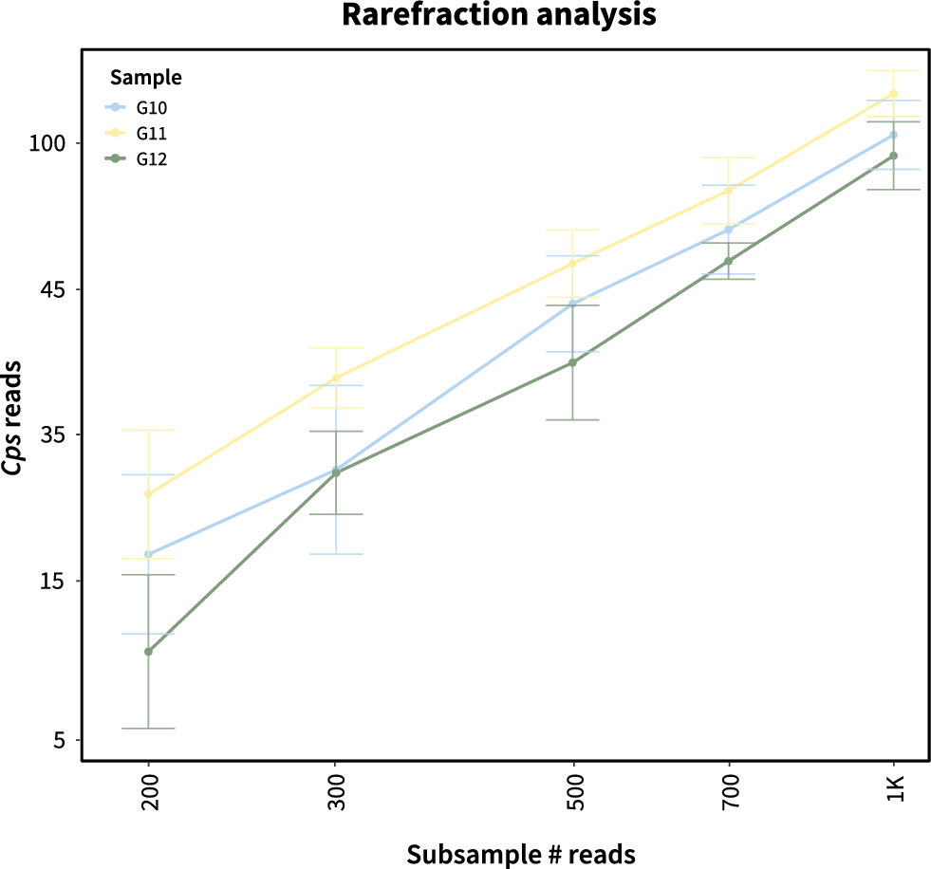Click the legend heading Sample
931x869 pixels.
146,76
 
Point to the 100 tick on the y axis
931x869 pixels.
47,143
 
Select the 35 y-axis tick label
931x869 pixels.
53,435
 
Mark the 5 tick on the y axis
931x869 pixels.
59,740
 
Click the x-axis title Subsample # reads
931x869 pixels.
521,854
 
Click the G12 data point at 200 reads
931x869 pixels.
148,652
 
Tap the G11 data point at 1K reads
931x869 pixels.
893,94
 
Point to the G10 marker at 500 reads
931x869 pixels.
572,305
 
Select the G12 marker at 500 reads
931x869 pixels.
572,362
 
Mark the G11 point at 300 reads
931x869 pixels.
335,379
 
